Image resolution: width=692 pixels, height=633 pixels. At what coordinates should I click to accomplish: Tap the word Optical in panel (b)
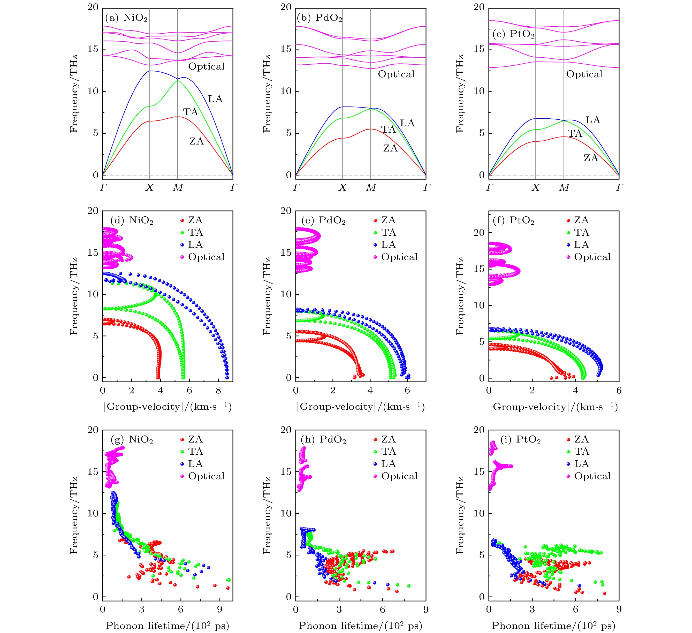coord(396,74)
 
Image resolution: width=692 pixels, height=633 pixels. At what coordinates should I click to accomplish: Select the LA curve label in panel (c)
coord(593,120)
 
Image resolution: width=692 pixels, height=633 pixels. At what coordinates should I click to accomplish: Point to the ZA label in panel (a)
coord(196,141)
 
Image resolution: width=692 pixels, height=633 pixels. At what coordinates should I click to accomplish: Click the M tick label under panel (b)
coord(371,187)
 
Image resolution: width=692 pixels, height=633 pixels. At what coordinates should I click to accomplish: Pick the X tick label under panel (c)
coord(535,187)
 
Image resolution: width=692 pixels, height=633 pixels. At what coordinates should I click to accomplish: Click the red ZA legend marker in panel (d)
coord(182,220)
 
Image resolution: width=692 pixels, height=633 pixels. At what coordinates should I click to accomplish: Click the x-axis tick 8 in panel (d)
coord(218,390)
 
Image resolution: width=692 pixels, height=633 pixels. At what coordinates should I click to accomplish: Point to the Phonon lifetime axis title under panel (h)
coord(360,626)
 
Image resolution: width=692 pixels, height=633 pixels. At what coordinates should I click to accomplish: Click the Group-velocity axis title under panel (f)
coord(554,407)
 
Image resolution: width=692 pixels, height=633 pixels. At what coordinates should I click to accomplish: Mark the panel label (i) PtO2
coord(520,440)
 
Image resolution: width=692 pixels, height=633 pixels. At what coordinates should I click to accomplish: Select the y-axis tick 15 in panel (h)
coord(286,472)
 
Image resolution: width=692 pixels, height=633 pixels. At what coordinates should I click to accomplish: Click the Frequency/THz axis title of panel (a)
coord(74,94)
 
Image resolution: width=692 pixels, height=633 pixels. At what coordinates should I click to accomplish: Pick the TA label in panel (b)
coord(389,129)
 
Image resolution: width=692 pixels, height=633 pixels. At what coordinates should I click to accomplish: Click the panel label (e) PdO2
coord(323,220)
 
